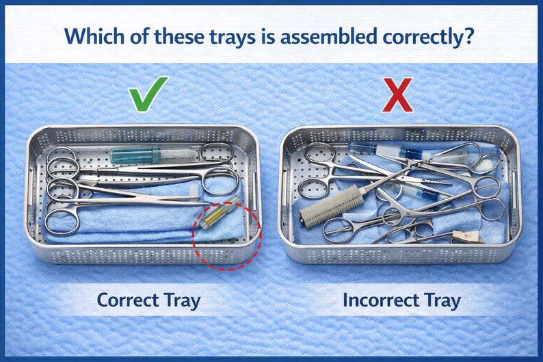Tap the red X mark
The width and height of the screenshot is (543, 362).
397,95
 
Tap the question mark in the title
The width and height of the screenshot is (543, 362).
468,36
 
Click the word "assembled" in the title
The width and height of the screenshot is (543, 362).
328,36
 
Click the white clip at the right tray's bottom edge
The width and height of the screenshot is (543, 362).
468,237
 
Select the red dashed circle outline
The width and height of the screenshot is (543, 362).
193,235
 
